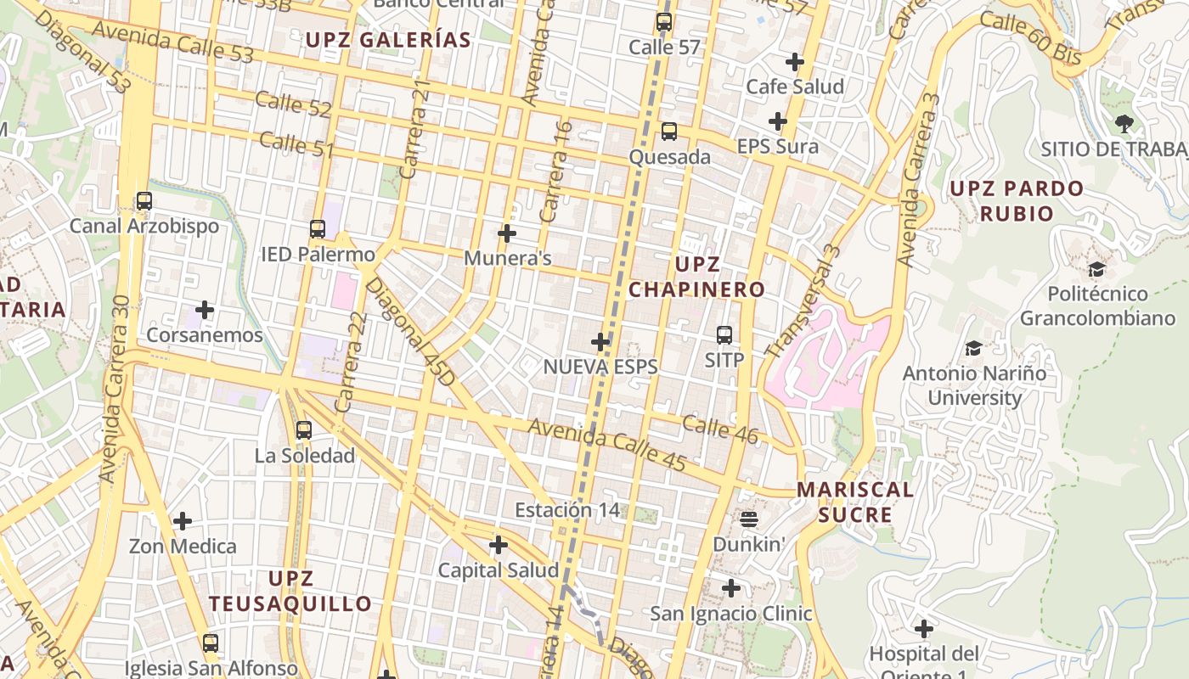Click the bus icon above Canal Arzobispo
[x=144, y=201]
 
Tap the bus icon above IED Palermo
[x=318, y=229]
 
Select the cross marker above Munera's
[x=507, y=233]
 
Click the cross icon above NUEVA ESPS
[x=600, y=342]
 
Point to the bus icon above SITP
[x=724, y=335]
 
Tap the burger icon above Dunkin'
[x=749, y=518]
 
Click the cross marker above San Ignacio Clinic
[x=730, y=587]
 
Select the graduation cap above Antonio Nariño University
[x=973, y=348]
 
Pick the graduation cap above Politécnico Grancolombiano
[x=1096, y=270]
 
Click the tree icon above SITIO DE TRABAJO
[x=1124, y=124]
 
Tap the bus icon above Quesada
[x=669, y=132]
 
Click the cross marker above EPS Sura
[x=777, y=121]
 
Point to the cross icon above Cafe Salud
[x=795, y=62]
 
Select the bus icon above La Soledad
[x=304, y=430]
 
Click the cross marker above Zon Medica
[x=183, y=520]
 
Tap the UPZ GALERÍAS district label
[x=388, y=40]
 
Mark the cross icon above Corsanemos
[x=205, y=310]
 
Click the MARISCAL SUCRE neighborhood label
[x=855, y=502]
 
